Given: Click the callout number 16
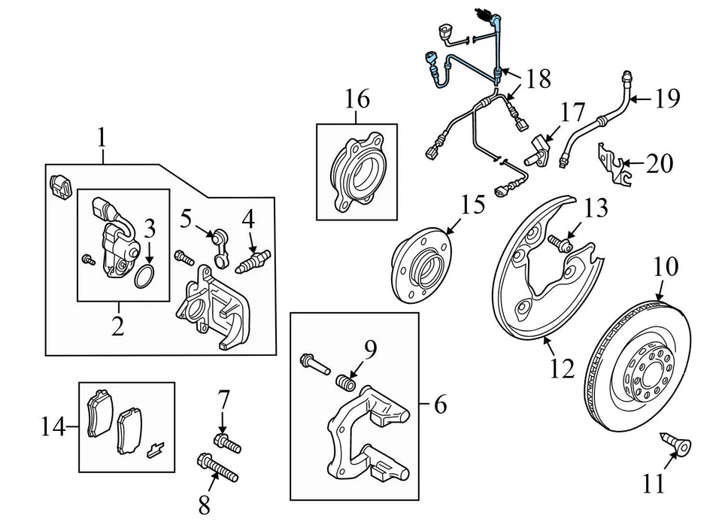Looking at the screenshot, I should (358, 99).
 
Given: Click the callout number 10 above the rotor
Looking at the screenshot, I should (666, 266).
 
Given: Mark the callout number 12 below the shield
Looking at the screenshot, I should (563, 368).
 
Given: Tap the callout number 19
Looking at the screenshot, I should (666, 99).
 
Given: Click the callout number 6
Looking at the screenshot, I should (440, 405).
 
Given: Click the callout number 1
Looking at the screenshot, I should (102, 138).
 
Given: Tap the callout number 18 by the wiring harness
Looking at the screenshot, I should (538, 79).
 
